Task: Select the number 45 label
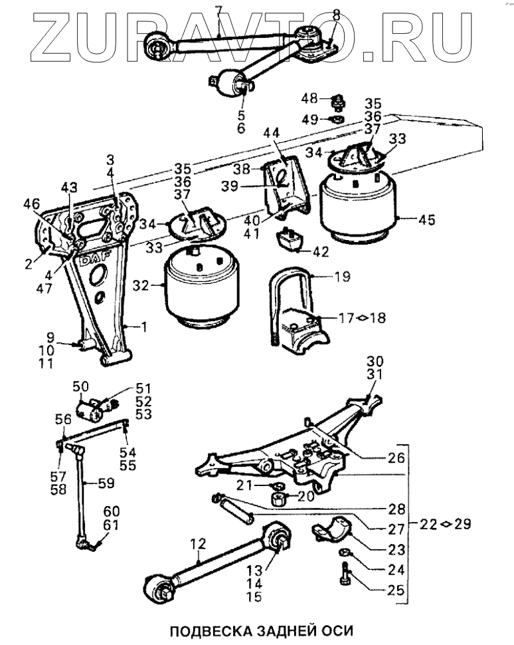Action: [427, 220]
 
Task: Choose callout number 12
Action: [197, 545]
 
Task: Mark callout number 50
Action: [80, 386]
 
